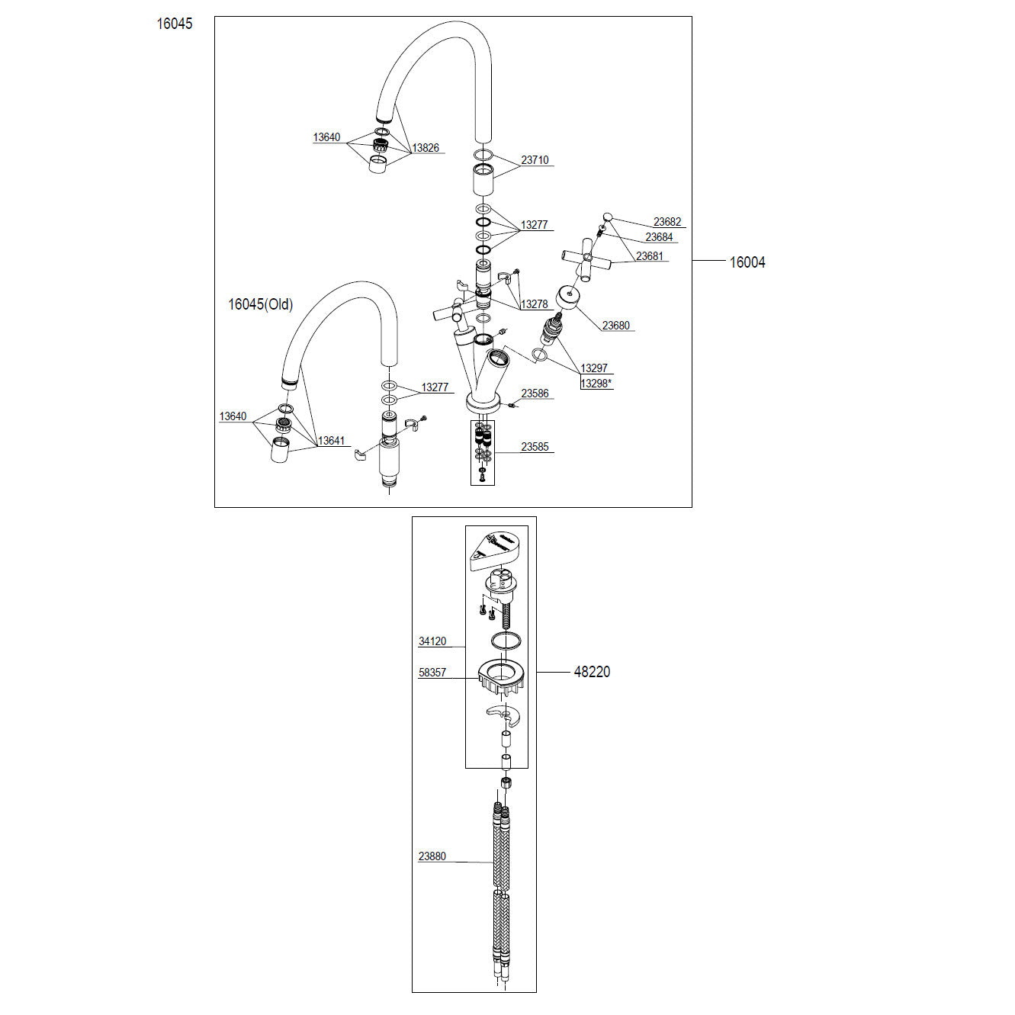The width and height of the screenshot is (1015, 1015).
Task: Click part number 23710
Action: pos(535,159)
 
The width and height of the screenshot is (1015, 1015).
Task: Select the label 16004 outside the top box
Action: pos(747,262)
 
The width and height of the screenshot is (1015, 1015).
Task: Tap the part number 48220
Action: pos(592,672)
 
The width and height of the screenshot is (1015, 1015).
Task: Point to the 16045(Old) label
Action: pos(260,304)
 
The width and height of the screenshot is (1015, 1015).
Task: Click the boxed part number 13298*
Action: pos(596,383)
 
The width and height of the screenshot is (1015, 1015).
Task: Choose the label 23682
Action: pos(666,222)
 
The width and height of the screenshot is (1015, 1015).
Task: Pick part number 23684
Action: pos(659,237)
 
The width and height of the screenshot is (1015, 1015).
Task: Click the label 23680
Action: pos(615,325)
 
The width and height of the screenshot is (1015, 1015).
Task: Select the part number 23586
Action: pos(535,393)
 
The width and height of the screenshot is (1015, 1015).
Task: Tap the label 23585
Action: pos(535,447)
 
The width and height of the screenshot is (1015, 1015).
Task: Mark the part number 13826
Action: pos(425,147)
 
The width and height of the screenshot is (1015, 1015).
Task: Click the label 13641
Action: pos(331,440)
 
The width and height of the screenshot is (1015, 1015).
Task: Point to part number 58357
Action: pos(432,672)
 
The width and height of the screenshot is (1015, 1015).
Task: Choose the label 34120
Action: pos(432,641)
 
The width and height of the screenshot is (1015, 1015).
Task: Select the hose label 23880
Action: pos(432,856)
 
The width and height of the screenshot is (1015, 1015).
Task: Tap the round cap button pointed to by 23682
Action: pos(607,216)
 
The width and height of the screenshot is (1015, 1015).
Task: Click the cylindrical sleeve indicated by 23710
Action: pos(483,180)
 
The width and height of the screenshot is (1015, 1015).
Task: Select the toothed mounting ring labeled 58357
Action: pos(502,679)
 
